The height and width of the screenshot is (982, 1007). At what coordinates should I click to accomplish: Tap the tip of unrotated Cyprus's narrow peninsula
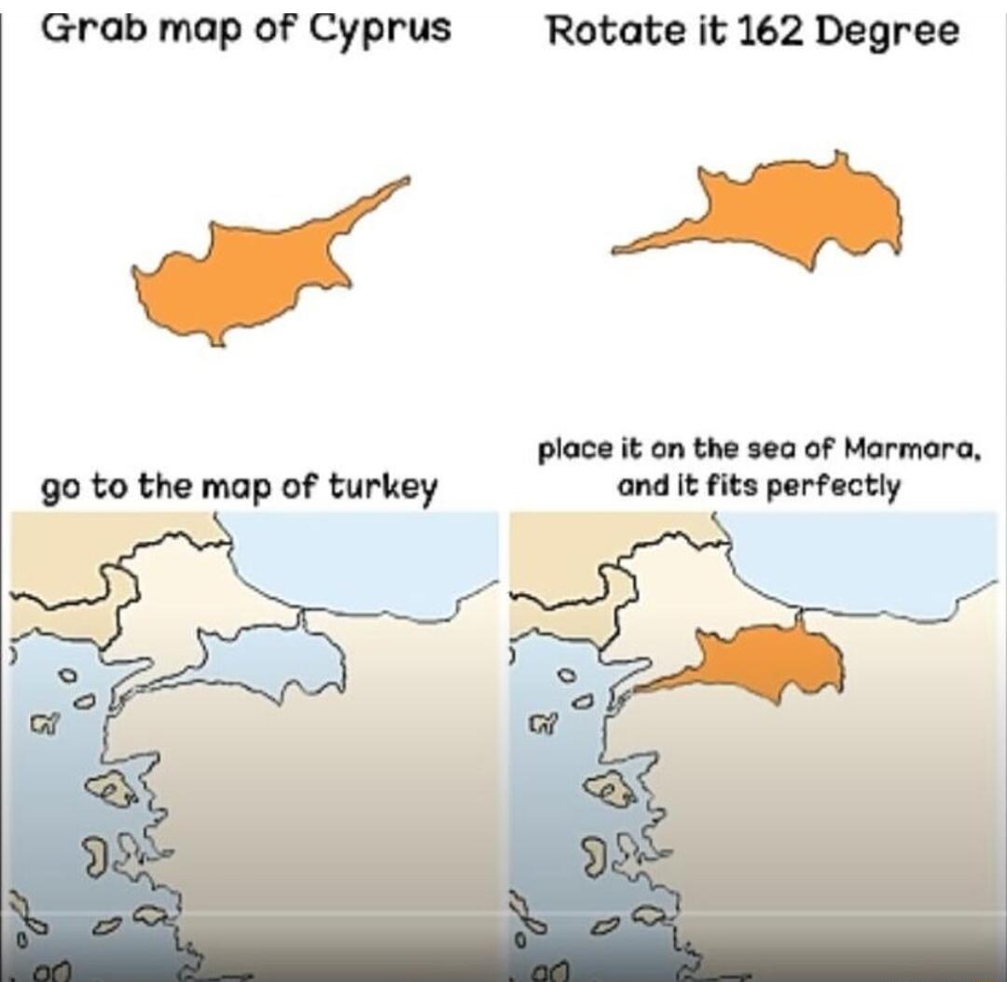coord(407,179)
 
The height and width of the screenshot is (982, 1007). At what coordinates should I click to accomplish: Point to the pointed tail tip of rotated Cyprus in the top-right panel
coord(615,251)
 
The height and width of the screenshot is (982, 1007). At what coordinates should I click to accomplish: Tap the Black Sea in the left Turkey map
coord(373,560)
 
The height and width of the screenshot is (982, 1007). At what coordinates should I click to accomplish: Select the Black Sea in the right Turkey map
coord(867,560)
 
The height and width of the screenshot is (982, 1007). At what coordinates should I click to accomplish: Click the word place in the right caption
coord(567,451)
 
